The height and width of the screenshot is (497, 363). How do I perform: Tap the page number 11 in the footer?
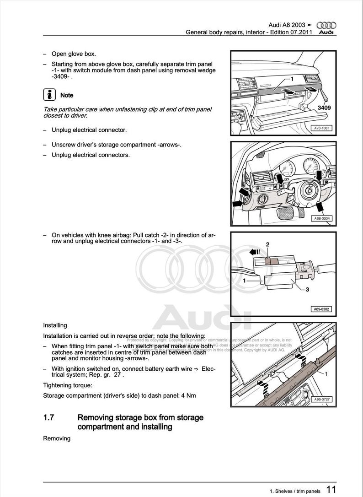coord(331,490)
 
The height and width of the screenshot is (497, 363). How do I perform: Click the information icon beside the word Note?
coord(49,95)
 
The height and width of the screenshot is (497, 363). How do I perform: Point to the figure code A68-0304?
coord(322,218)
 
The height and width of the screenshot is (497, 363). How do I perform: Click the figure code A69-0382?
coord(322,309)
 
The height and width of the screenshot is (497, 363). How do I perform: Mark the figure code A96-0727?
coord(322,399)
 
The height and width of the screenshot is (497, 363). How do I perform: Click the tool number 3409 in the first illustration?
coord(324,108)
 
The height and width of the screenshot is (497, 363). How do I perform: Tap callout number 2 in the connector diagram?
coord(268,244)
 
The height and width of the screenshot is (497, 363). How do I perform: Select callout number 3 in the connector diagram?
coord(307,290)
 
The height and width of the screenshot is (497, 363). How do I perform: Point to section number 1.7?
coord(49,417)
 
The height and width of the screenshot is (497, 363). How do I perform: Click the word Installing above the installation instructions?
coord(55,325)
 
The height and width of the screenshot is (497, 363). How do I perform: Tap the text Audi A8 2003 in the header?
coord(287,25)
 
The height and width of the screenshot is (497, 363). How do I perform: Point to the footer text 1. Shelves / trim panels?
coord(295,491)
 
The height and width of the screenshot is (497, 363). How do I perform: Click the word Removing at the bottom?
coord(57,438)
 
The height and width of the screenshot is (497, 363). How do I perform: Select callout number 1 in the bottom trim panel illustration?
coord(326,374)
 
